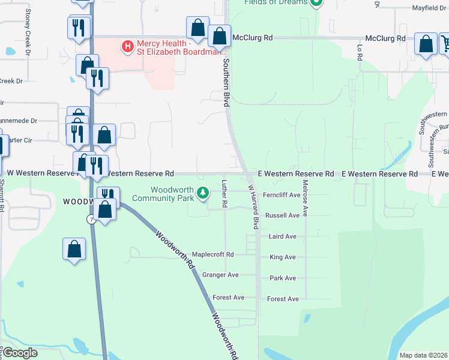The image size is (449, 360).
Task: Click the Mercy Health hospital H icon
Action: (x=127, y=46)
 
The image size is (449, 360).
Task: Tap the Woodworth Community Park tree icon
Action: (x=203, y=193)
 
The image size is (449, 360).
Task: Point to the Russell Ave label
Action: (x=282, y=215)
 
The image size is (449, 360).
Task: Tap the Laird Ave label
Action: (x=283, y=236)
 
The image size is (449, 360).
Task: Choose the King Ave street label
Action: (x=283, y=257)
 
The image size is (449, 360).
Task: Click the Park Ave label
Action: (x=283, y=278)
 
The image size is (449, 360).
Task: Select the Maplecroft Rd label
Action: (x=212, y=254)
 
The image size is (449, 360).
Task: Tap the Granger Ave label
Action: (x=220, y=275)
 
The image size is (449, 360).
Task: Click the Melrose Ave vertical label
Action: (x=306, y=198)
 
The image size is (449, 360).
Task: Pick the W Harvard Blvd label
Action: (x=253, y=206)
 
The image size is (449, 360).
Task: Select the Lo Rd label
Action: (x=360, y=52)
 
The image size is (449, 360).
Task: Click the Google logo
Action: (x=20, y=353)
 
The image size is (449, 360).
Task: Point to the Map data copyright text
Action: (x=423, y=355)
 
